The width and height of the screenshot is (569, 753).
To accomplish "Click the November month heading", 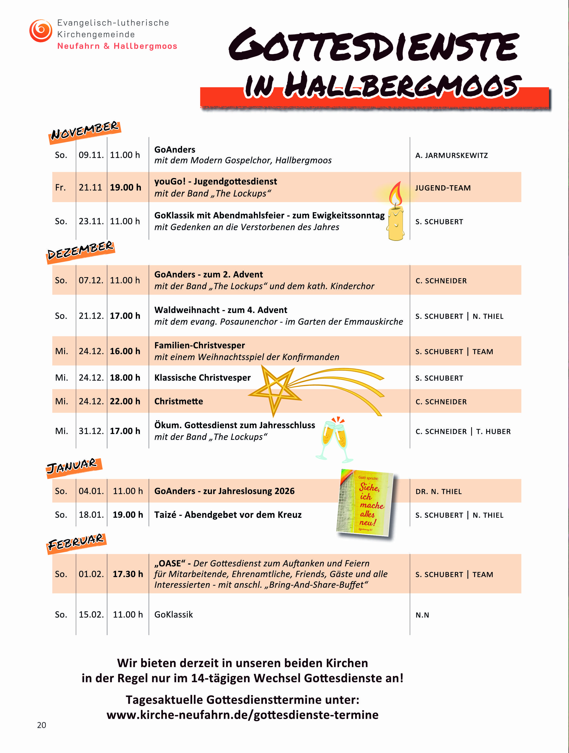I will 85,131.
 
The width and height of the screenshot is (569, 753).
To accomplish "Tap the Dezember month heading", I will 80,251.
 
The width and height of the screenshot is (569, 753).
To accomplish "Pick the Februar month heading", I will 76,542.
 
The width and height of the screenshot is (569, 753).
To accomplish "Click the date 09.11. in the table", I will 91,155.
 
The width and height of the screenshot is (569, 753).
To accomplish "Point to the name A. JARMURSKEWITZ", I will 451,156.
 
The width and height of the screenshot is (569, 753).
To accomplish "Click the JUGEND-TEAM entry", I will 443,188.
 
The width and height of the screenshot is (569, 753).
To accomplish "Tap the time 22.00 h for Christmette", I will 125,401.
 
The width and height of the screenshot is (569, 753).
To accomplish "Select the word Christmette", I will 178,401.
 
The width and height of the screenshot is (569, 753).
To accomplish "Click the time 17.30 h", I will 128,574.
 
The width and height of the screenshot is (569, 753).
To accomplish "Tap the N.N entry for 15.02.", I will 422,615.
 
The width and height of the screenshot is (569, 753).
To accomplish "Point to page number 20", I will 42,725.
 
